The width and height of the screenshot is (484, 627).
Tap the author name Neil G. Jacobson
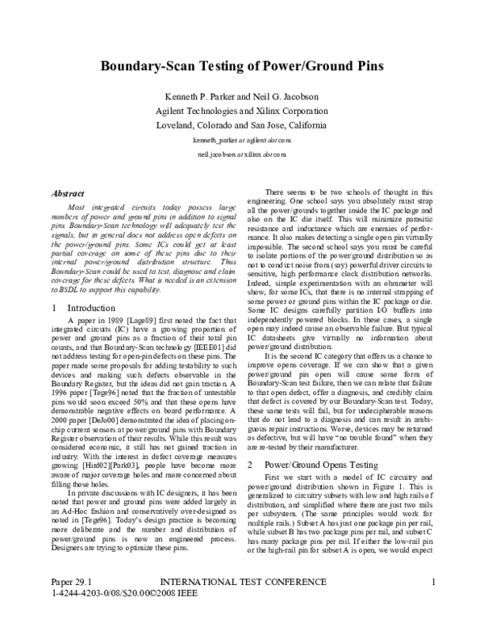[x=288, y=96]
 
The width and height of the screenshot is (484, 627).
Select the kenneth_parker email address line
[x=243, y=139]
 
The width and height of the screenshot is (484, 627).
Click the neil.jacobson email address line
[x=243, y=153]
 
